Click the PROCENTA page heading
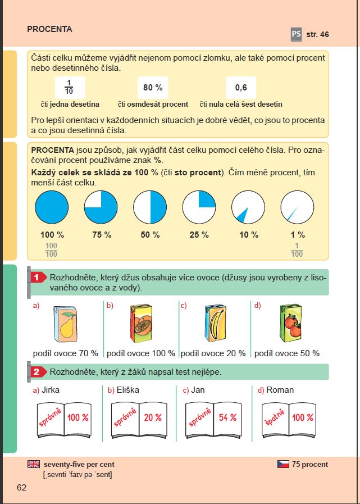(x=49, y=29)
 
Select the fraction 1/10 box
(x=70, y=87)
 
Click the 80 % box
(x=152, y=88)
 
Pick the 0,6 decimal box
(x=241, y=88)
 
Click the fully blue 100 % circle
(x=52, y=207)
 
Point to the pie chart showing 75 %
(x=101, y=207)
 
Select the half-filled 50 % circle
(x=150, y=207)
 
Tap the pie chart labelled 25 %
(x=199, y=207)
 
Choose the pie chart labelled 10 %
(x=248, y=207)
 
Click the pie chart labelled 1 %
(x=297, y=207)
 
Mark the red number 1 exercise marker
(x=37, y=277)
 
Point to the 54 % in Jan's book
(x=227, y=418)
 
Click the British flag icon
(x=34, y=464)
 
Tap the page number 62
(x=21, y=487)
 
